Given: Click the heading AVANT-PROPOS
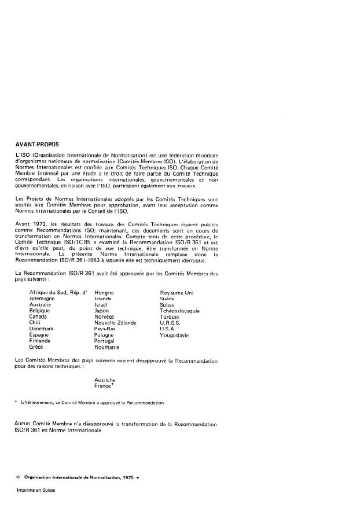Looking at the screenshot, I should click(x=38, y=144).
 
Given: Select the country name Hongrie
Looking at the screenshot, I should click(x=104, y=294).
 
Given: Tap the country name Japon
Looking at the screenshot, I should click(x=101, y=311).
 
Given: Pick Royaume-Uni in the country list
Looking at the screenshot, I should click(x=177, y=294).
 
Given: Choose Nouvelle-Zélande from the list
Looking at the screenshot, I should click(x=115, y=322).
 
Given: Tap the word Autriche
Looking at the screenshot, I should click(x=105, y=380).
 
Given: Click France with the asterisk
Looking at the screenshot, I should click(x=104, y=385).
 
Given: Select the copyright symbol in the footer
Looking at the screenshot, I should click(x=19, y=476).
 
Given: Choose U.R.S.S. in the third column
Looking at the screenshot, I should click(x=171, y=322).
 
